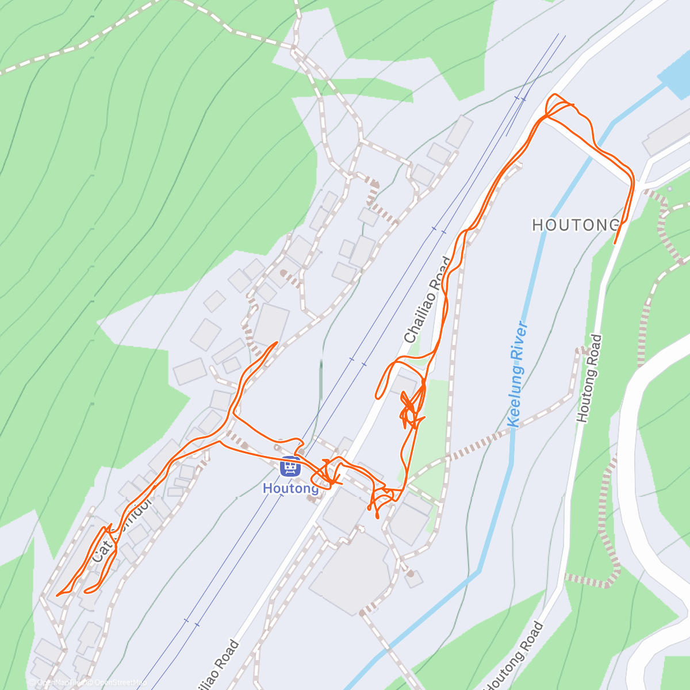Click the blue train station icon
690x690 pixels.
coord(290,466)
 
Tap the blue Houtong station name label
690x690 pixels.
coord(290,488)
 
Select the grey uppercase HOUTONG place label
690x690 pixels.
coord(576,225)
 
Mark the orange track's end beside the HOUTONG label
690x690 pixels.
coord(615,243)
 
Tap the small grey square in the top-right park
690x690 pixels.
coord(670,189)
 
